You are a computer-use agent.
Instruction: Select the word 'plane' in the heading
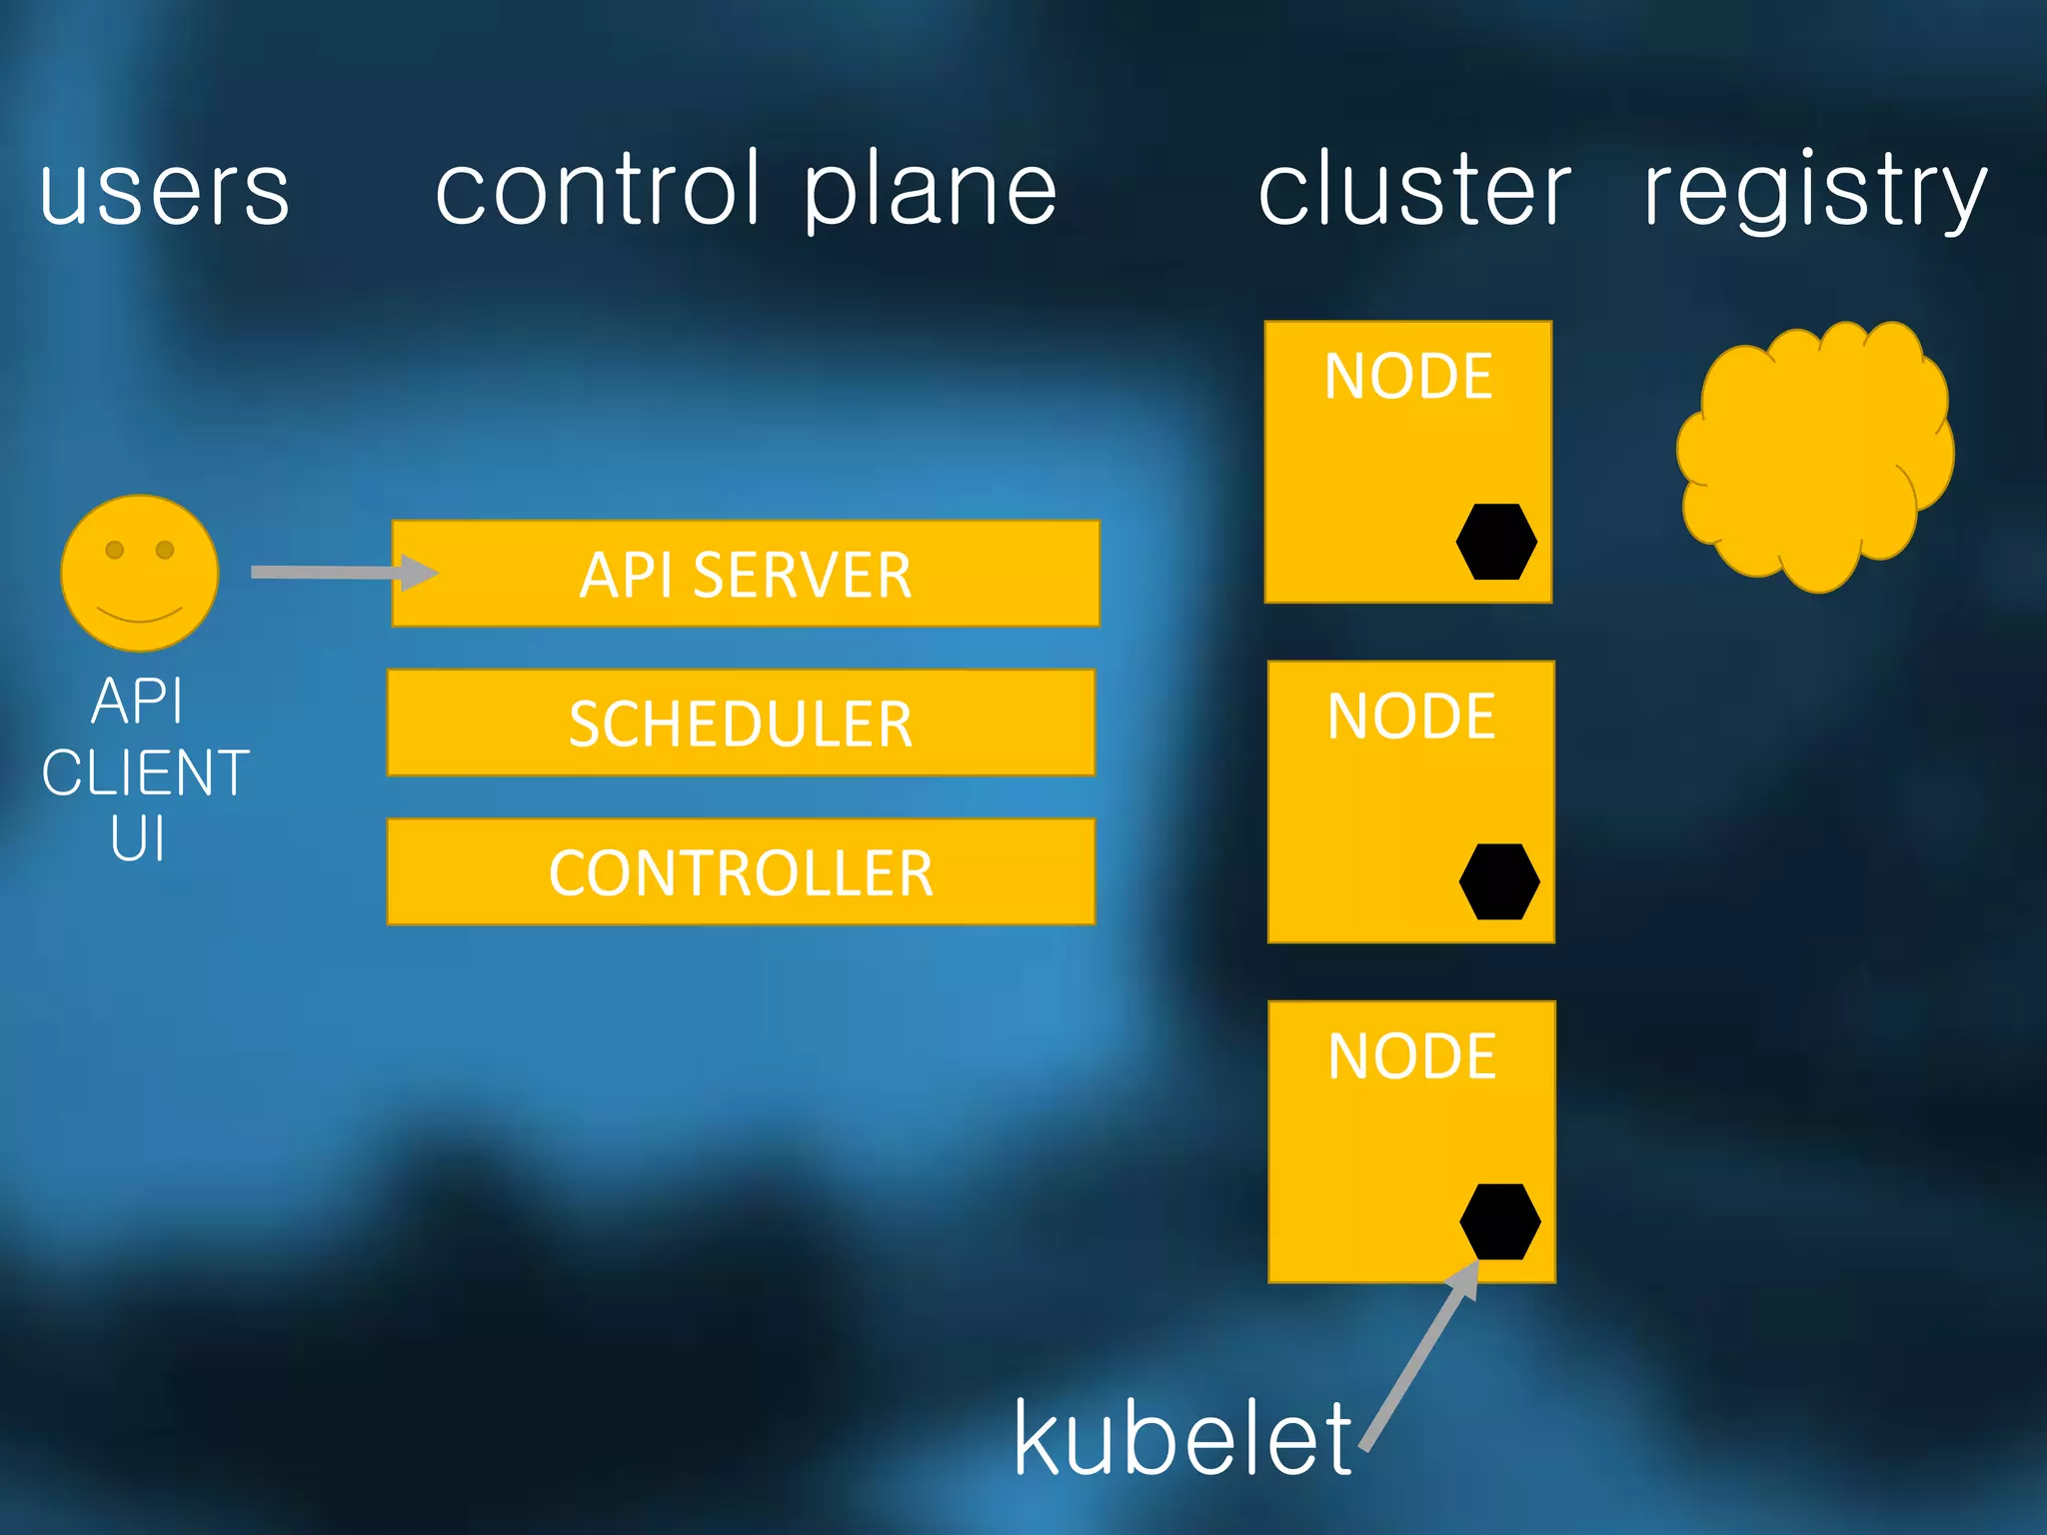coord(930,192)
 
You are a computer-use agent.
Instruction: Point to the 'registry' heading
coord(1815,192)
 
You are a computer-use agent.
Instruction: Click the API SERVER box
coord(746,575)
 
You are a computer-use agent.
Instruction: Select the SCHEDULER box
coord(741,723)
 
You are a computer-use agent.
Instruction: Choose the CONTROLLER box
coord(741,872)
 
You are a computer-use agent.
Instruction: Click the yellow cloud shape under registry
coord(1814,455)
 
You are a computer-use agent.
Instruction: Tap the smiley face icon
coord(140,573)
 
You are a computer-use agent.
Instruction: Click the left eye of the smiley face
coord(115,550)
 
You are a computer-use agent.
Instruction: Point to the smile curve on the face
coord(140,614)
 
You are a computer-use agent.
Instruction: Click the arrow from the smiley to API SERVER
coord(340,573)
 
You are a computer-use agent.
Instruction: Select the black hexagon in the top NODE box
coord(1496,542)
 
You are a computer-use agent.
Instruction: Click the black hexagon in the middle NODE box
coord(1499,881)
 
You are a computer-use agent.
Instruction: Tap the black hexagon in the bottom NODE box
coord(1500,1221)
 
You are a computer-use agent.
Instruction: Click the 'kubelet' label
coord(1182,1439)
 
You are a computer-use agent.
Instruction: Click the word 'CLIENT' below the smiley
coord(146,772)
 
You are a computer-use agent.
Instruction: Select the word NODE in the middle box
coord(1411,717)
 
